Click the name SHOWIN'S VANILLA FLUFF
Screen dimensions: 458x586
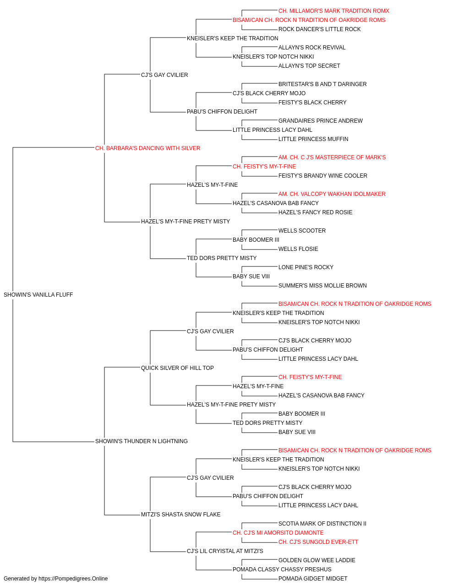pyautogui.click(x=38, y=295)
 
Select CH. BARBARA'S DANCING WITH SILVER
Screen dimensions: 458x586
pyautogui.click(x=147, y=148)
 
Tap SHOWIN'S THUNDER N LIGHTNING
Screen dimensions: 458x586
pyautogui.click(x=142, y=441)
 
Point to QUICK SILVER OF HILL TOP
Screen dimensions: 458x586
pyautogui.click(x=177, y=368)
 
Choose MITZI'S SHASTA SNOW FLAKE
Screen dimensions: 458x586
pyautogui.click(x=181, y=515)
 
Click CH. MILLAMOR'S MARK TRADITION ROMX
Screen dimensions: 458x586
pyautogui.click(x=334, y=11)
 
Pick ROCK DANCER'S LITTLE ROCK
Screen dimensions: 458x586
pyautogui.click(x=319, y=29)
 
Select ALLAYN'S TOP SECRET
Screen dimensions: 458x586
pyautogui.click(x=309, y=66)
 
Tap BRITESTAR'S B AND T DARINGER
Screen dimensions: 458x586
pyautogui.click(x=322, y=84)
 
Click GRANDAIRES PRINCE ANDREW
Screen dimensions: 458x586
pyautogui.click(x=321, y=121)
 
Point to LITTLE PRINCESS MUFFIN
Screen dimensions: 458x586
pyautogui.click(x=313, y=139)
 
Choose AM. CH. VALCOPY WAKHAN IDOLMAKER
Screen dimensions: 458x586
pyautogui.click(x=332, y=194)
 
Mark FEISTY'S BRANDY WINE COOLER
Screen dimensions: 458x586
pyautogui.click(x=322, y=176)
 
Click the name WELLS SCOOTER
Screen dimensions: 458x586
pyautogui.click(x=302, y=231)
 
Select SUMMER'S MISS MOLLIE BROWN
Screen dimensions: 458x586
pyautogui.click(x=322, y=286)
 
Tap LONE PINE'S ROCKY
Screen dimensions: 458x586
pyautogui.click(x=306, y=267)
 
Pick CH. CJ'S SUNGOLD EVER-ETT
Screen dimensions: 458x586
pyautogui.click(x=318, y=542)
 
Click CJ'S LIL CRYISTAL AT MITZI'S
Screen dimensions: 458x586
pyautogui.click(x=225, y=551)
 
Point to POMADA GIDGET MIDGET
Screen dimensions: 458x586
pyautogui.click(x=313, y=579)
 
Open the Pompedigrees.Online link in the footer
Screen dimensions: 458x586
pyautogui.click(x=73, y=579)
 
